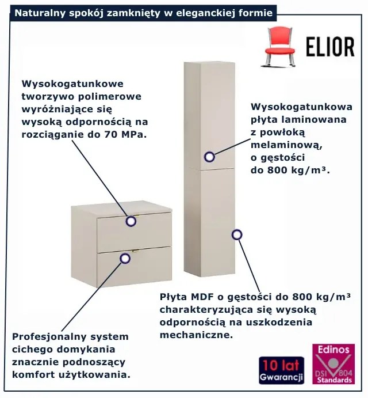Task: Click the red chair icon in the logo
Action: pos(279,47)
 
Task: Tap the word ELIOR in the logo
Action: pos(330,47)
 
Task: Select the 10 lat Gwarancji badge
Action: pos(281,370)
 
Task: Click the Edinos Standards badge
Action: pos(333,364)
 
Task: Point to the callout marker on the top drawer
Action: pos(131,221)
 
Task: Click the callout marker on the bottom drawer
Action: pos(125,259)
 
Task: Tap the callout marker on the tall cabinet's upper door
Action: pos(209,157)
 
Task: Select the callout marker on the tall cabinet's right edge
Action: pos(237,235)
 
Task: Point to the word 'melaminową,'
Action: pos(287,145)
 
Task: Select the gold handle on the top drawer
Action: pos(137,216)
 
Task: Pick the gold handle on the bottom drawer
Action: pos(136,251)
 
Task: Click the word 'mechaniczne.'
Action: pos(196,335)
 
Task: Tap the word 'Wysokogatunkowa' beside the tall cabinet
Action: pos(302,107)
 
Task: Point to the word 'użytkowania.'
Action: pos(95,375)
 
